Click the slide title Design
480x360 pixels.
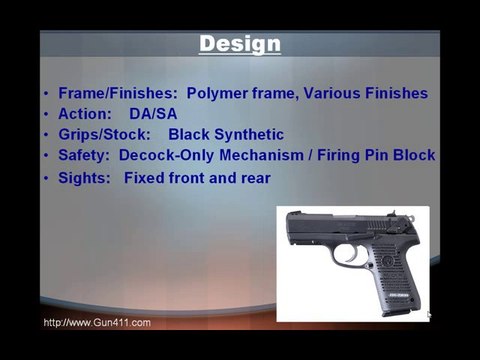pos(240,44)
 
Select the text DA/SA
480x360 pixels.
pos(153,114)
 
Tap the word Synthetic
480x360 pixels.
pos(247,134)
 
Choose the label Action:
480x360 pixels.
pos(86,114)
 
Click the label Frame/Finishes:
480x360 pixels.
pos(118,93)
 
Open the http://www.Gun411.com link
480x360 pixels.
pos(97,323)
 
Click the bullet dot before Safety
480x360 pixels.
pos(46,156)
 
